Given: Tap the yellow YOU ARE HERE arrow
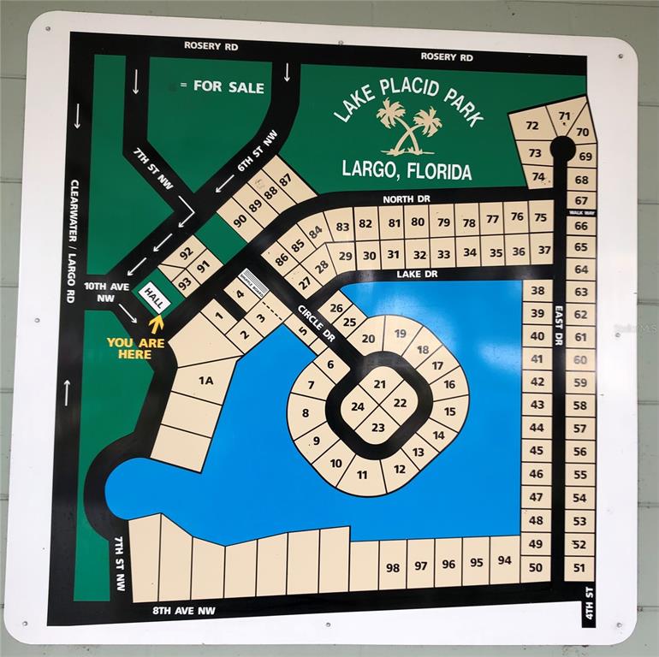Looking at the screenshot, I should coord(156,323).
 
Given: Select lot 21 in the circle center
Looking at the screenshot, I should coord(379,384).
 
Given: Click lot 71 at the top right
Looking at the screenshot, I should coord(564,116).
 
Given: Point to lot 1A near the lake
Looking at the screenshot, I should coord(205,380).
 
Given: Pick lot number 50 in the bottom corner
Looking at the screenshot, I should coord(536,566).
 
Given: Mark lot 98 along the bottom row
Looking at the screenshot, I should coord(393,566).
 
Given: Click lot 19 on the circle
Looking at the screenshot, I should coord(400,334).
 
